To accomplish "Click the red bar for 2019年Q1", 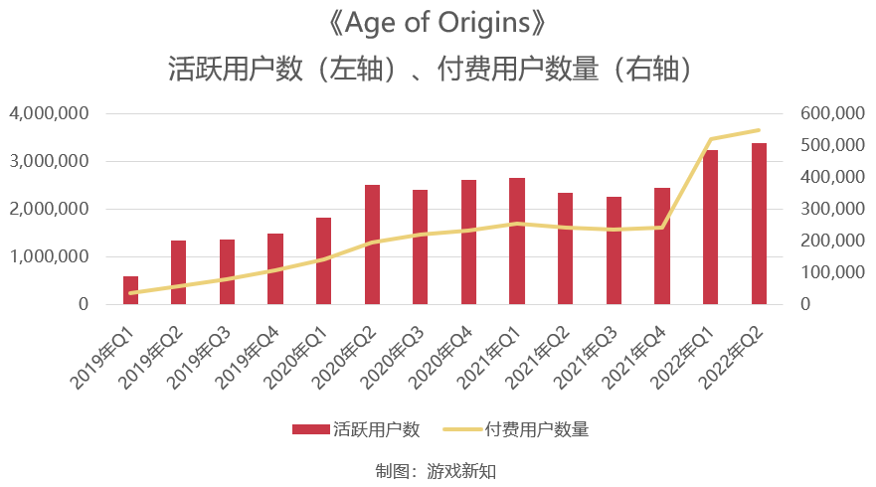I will tap(130, 290).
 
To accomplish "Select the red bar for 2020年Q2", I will tap(372, 244).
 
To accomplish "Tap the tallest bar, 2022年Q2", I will tap(759, 224).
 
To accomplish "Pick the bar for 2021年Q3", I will tap(613, 250).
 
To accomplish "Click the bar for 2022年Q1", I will tap(710, 227).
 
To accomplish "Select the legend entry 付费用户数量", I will tap(537, 429).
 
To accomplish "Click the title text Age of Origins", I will tap(438, 23).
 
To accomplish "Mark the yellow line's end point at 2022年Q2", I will tap(759, 130).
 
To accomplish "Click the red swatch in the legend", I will tap(310, 429).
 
